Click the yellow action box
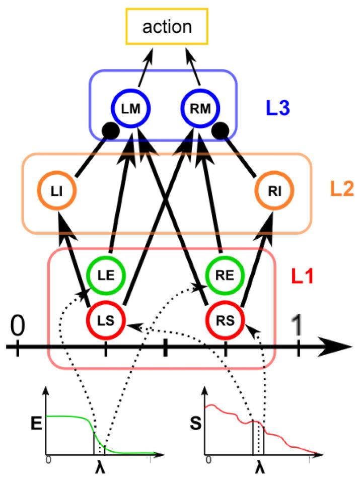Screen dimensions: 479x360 pyautogui.click(x=167, y=26)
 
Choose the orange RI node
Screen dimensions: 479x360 pyautogui.click(x=274, y=192)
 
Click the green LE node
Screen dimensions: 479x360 pyautogui.click(x=105, y=276)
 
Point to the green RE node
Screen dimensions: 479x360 pyautogui.click(x=226, y=276)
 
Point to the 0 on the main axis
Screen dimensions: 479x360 pyautogui.click(x=17, y=326)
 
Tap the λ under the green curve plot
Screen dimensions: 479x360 pyautogui.click(x=99, y=466)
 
